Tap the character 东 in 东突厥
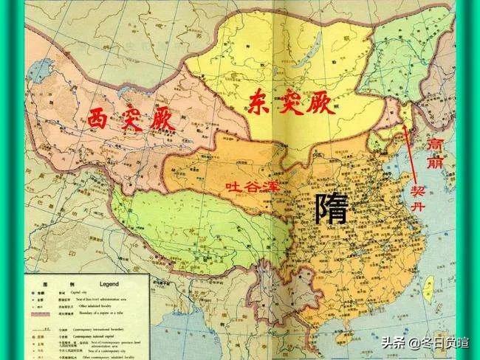point(256,99)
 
